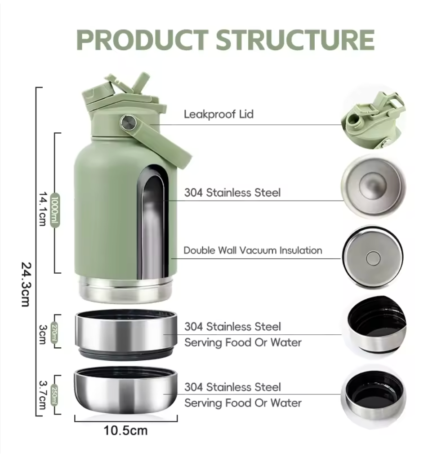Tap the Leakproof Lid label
pos(219,114)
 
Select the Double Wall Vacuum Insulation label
pos(253,250)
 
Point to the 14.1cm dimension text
pos(43,209)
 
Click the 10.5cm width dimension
pos(125,430)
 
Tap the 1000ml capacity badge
pos(55,209)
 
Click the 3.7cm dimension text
pos(43,395)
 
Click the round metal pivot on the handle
pos(127,122)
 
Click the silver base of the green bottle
pos(125,289)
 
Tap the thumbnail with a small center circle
pos(373,257)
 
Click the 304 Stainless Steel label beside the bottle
pos(232,192)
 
